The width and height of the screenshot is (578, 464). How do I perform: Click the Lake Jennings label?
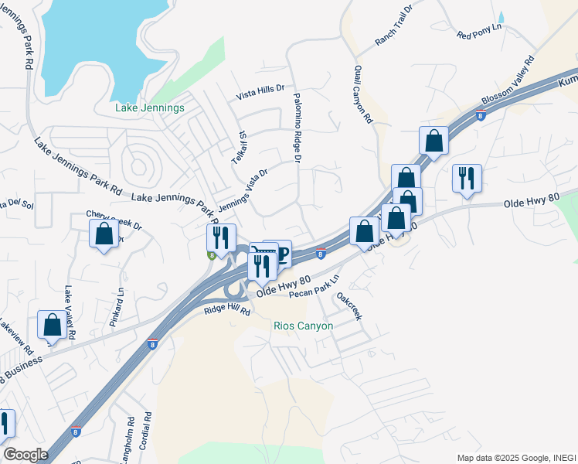150,108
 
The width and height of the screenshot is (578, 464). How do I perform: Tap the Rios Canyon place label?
304,326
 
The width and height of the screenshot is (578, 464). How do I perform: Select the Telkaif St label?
240,146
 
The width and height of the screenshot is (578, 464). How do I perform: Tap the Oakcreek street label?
348,305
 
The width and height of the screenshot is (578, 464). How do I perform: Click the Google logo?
25,455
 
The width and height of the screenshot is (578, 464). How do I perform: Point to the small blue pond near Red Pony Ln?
501,16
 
